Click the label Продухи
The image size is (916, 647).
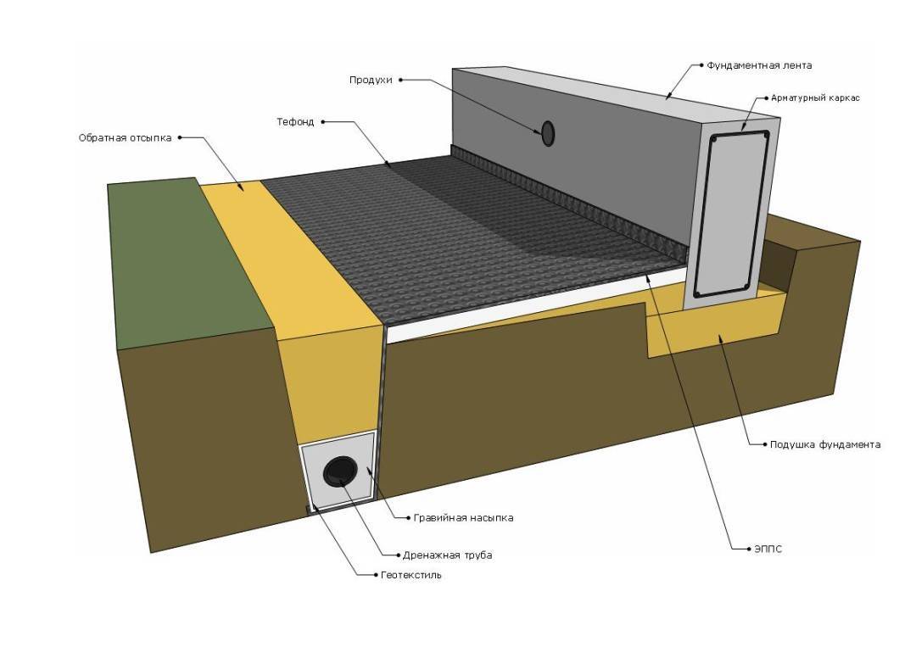tap(371, 80)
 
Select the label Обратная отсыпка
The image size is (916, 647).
tap(125, 137)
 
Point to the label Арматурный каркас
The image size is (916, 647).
tap(815, 98)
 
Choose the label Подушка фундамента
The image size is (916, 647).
tap(824, 444)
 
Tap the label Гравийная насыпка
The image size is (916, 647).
tap(463, 517)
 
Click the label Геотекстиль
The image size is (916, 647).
tap(411, 575)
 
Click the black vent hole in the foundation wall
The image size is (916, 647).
tap(548, 132)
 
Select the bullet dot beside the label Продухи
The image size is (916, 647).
tap(400, 80)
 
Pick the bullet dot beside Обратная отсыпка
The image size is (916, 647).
tap(180, 137)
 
